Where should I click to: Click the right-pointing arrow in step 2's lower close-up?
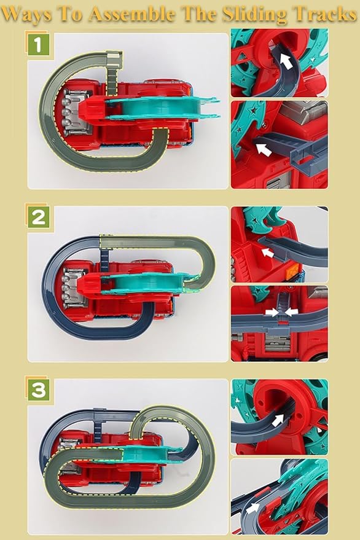click(x=270, y=312)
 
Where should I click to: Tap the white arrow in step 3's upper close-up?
click(x=280, y=419)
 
